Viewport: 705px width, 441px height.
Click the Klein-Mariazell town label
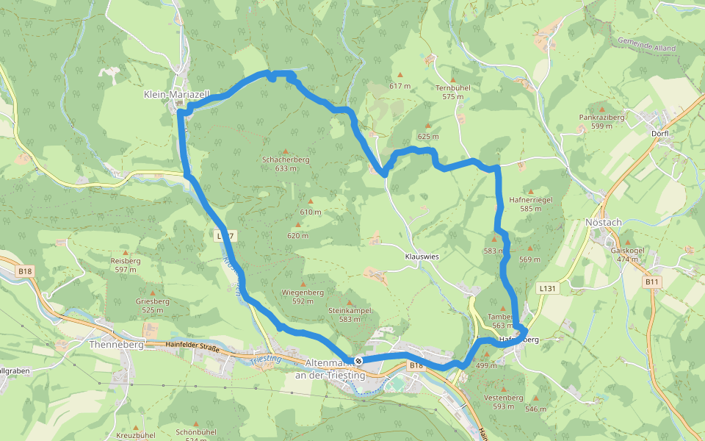(176, 95)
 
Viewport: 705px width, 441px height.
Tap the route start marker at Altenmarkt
(358, 361)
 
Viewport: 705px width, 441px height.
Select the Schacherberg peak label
(286, 159)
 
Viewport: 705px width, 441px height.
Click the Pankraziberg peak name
(601, 117)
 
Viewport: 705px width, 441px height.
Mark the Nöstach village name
(604, 222)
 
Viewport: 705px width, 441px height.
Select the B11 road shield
(651, 281)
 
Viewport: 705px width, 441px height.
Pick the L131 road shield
(546, 289)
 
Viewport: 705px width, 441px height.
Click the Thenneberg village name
(109, 344)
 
